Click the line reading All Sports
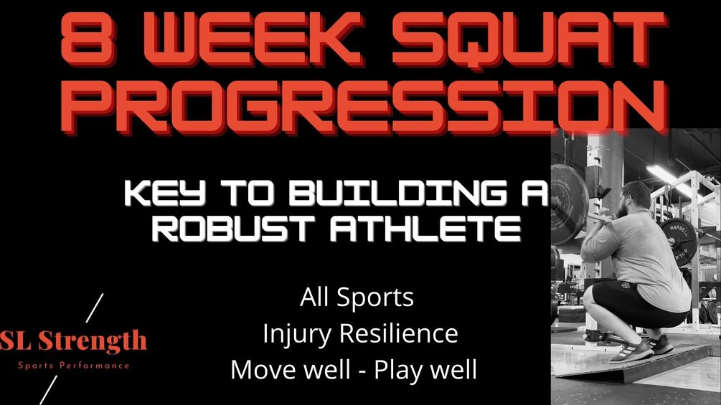(x=357, y=297)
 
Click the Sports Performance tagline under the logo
(x=74, y=366)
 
